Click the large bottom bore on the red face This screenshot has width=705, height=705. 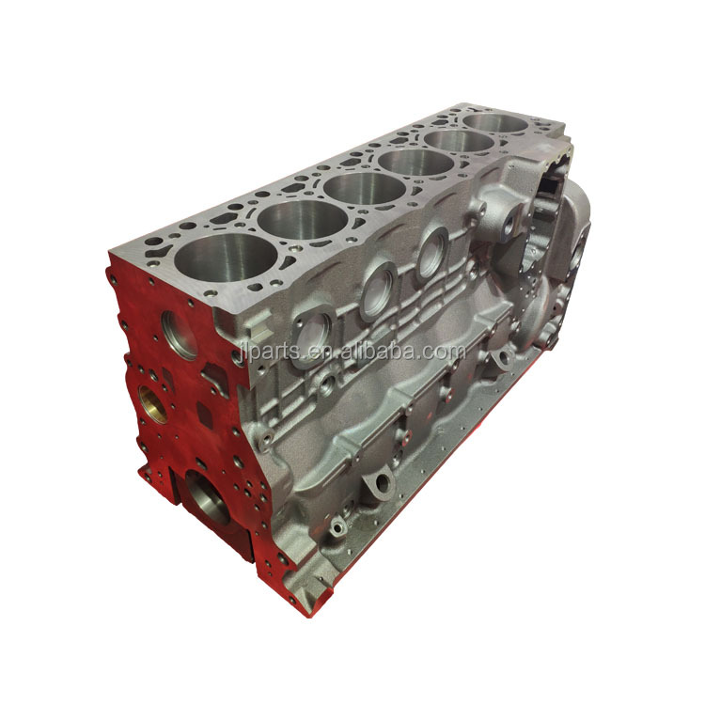pos(208,495)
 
